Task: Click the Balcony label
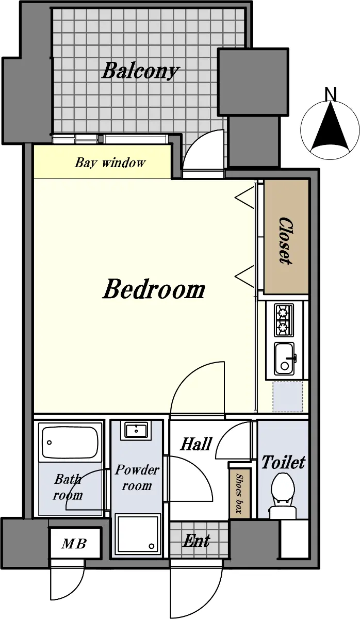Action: click(x=141, y=71)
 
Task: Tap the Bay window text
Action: click(x=110, y=162)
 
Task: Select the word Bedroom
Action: click(x=154, y=289)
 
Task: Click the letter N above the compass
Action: click(x=331, y=94)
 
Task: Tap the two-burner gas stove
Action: click(x=284, y=320)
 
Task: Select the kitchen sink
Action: click(x=285, y=358)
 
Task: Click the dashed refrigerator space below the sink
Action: click(x=288, y=397)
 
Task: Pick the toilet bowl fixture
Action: click(x=282, y=496)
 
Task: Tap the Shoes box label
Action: click(x=239, y=493)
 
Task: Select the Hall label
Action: click(x=196, y=444)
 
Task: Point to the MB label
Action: click(x=74, y=544)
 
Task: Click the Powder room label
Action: click(x=137, y=477)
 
